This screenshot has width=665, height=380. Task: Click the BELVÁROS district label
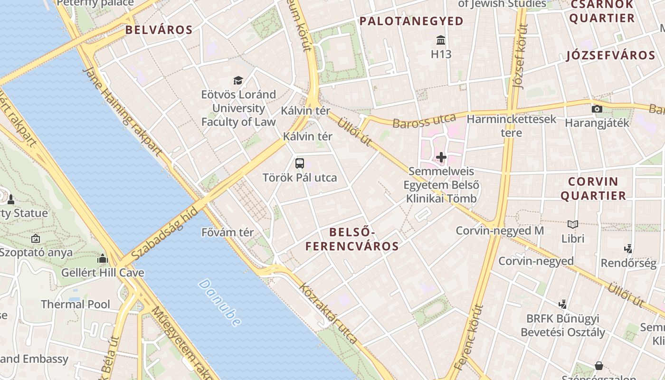(x=159, y=30)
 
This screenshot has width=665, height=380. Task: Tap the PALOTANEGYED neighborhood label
(x=411, y=21)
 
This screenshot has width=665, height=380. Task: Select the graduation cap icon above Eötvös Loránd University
(x=238, y=80)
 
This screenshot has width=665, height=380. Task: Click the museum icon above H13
(x=441, y=39)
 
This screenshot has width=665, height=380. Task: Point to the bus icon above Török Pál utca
(x=300, y=163)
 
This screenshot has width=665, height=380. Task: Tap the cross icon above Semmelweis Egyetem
(x=441, y=157)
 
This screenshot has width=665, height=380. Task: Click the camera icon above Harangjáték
(x=597, y=109)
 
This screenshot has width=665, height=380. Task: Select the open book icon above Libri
(x=573, y=224)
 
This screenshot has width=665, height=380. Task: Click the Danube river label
(x=219, y=303)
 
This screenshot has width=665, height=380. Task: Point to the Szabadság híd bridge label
(x=164, y=233)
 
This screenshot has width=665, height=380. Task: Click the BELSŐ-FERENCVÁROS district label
(x=352, y=239)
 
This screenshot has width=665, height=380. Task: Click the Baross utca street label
(x=424, y=120)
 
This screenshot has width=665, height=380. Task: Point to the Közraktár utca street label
(x=328, y=313)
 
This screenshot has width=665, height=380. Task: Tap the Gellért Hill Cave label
(x=103, y=273)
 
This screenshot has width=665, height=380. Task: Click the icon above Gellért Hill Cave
(x=103, y=259)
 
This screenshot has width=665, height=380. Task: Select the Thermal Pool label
(x=76, y=304)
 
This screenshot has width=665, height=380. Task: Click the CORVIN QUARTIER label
(x=593, y=188)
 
